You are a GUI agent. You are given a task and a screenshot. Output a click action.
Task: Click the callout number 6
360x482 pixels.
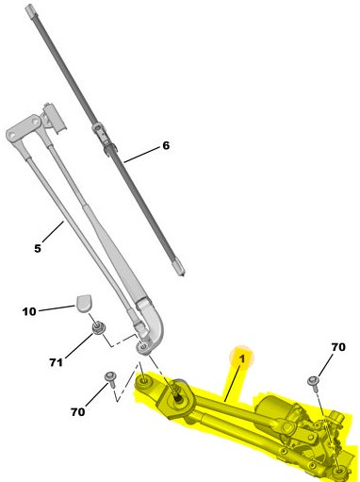(x=166, y=145)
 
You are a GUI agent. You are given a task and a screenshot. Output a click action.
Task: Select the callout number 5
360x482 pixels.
(x=38, y=248)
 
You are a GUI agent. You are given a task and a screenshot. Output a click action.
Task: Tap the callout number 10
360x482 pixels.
(x=29, y=311)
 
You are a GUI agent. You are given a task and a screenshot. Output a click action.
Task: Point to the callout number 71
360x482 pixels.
(x=56, y=362)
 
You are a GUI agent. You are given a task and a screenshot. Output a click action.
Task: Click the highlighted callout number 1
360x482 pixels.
(x=242, y=358)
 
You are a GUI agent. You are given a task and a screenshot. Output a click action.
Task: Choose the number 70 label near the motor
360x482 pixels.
(x=338, y=347)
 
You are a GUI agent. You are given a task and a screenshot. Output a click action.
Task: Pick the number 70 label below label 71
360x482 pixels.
(x=77, y=411)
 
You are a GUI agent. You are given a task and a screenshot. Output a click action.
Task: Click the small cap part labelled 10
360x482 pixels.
(x=83, y=302)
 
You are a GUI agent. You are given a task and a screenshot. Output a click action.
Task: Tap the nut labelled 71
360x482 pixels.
(x=98, y=328)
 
